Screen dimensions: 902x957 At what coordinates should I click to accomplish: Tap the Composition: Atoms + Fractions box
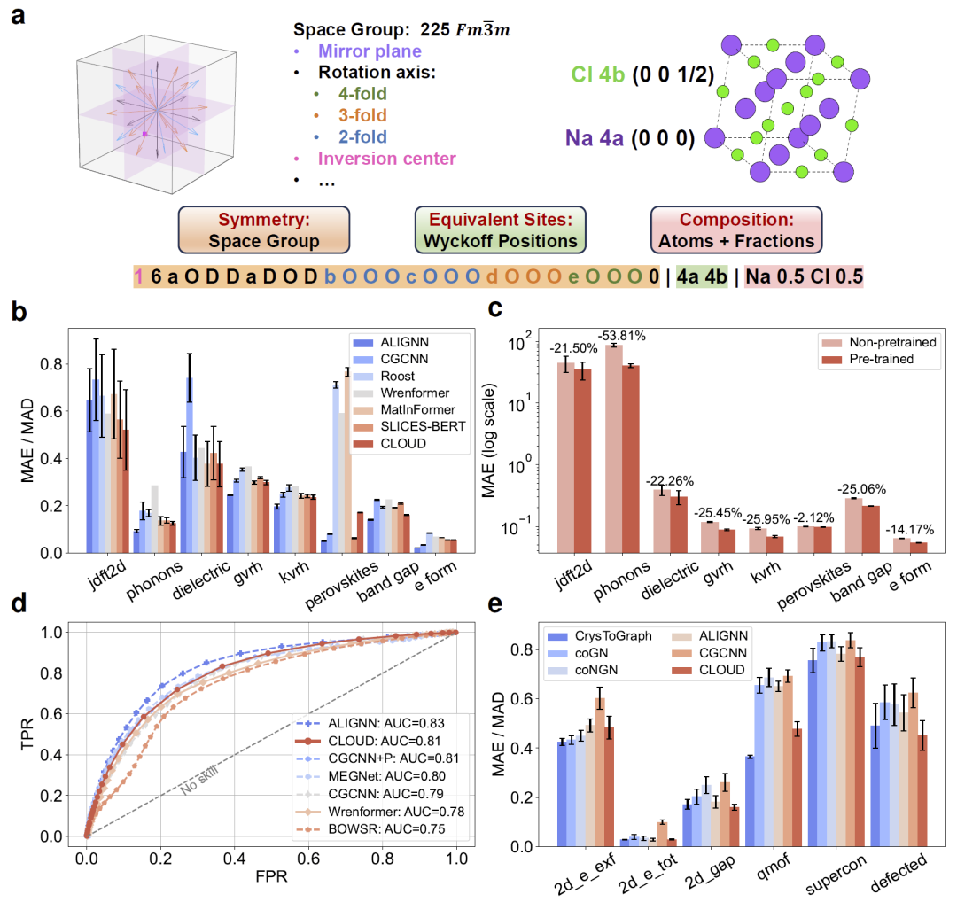[x=736, y=229]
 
